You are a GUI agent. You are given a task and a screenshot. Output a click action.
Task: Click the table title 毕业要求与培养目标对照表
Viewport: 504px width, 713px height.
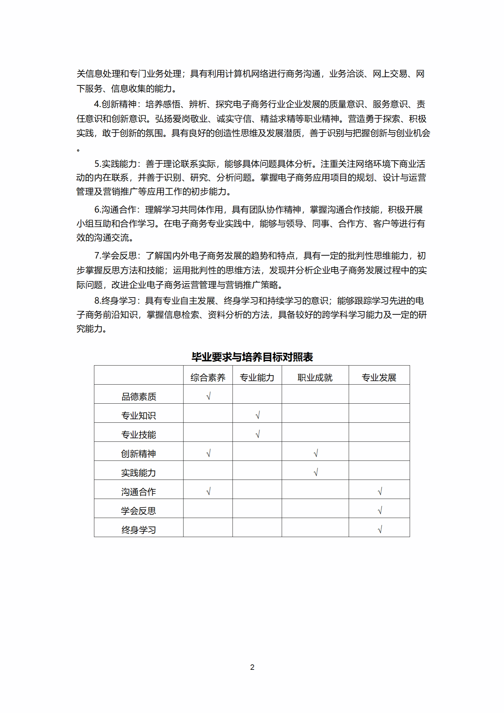tap(252, 357)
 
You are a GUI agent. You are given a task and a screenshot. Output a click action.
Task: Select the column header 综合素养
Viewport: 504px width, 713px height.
tap(208, 377)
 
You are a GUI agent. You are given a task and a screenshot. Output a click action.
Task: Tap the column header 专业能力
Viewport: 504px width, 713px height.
tap(257, 377)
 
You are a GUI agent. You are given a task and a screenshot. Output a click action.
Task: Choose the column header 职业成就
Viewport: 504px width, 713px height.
tap(315, 377)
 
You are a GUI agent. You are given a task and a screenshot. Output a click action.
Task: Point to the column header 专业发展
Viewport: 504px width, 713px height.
tap(379, 377)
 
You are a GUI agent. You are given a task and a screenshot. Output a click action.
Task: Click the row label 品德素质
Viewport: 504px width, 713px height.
tap(139, 396)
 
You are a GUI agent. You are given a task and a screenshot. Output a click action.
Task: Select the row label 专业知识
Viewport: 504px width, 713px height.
tap(139, 415)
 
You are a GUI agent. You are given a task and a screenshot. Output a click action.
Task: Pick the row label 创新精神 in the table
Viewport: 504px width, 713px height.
tap(139, 454)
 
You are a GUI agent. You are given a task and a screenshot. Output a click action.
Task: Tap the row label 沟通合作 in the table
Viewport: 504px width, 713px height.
tap(139, 492)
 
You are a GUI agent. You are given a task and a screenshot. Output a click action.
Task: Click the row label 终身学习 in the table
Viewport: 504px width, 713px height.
tap(139, 530)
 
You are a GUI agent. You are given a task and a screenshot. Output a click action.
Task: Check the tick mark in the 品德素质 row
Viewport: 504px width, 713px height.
tap(208, 396)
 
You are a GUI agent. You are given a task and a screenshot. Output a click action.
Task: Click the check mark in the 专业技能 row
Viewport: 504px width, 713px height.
tap(258, 434)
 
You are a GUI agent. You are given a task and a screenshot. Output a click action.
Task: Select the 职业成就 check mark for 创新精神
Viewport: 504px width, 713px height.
tap(316, 453)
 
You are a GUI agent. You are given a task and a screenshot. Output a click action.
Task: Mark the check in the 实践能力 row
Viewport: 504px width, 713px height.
tap(316, 472)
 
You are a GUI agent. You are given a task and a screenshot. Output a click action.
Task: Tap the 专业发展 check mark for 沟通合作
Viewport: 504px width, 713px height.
tap(379, 491)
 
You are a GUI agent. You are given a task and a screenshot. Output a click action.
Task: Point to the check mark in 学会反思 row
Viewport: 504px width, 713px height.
tap(379, 510)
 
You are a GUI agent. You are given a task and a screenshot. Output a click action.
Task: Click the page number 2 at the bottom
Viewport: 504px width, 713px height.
tap(252, 667)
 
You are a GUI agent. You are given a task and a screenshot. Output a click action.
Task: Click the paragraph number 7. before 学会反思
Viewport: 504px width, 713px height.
tap(98, 256)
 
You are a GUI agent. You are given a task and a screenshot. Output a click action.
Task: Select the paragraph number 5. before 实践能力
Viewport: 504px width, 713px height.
tap(98, 164)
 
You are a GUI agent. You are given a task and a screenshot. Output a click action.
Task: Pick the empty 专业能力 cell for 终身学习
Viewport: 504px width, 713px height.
tap(257, 527)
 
